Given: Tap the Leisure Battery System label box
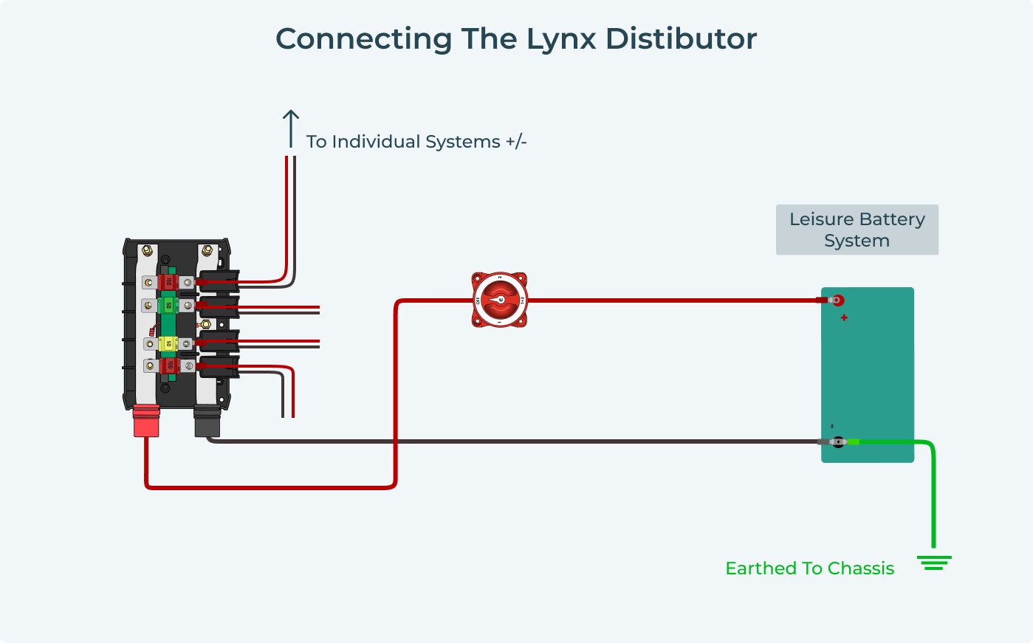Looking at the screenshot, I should [x=857, y=230].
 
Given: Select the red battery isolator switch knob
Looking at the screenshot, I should [x=500, y=300].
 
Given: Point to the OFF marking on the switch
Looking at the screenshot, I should [x=478, y=300].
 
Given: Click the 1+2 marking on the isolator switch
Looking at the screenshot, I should [x=522, y=300].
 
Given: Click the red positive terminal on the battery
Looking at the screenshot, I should [x=837, y=300].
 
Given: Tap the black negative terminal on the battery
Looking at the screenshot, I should [x=838, y=441].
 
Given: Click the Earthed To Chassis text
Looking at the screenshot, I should [x=809, y=568].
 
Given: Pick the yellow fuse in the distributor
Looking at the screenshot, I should [x=168, y=344].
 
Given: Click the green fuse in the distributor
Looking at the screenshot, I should [x=168, y=305].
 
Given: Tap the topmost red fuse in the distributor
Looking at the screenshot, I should [x=168, y=282].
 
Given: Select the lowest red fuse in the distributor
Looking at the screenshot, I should [x=168, y=365].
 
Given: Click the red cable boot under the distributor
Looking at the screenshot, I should [x=146, y=422].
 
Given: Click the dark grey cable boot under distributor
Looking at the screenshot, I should [x=207, y=422].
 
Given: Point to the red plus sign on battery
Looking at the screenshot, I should [x=844, y=318].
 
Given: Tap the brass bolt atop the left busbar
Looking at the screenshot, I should [x=147, y=251].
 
